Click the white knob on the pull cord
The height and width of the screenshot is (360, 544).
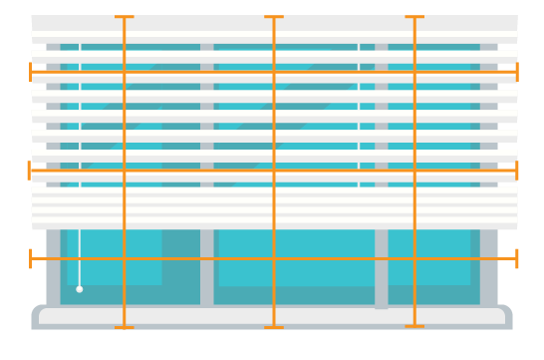pos(80,289)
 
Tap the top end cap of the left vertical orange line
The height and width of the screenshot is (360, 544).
pos(124,17)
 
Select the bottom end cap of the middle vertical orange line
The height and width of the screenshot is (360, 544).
pos(274,326)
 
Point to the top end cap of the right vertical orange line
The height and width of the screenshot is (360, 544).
pos(414,17)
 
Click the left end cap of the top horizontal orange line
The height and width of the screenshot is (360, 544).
pos(31,72)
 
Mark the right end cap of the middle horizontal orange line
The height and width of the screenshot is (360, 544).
pos(517,171)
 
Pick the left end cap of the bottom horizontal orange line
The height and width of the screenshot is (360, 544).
pos(31,259)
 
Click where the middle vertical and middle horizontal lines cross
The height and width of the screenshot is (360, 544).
pos(274,171)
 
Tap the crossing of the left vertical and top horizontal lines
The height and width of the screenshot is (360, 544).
pos(124,72)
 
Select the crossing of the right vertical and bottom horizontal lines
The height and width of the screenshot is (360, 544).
pos(414,259)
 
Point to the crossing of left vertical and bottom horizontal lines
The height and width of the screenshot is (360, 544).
pos(124,259)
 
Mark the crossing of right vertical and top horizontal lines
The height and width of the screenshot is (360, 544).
pos(414,72)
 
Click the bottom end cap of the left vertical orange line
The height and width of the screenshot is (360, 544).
pos(124,326)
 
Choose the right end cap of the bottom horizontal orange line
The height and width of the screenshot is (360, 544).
pos(517,259)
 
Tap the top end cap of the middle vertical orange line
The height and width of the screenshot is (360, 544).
pos(274,17)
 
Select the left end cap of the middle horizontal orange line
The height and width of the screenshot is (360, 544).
pos(31,171)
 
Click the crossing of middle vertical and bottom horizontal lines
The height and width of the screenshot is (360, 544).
pos(274,259)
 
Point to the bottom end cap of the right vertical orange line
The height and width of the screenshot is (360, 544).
pos(414,326)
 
